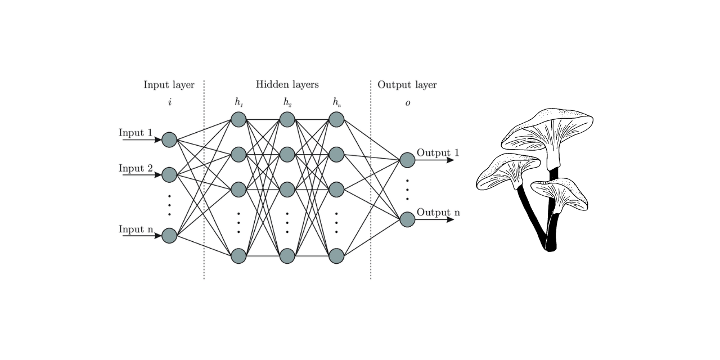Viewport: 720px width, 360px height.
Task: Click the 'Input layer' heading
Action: tap(169, 85)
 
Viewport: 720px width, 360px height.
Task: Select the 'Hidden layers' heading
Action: tap(287, 85)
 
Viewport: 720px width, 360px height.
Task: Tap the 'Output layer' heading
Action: tap(407, 85)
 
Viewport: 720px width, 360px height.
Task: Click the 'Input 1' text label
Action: tap(136, 133)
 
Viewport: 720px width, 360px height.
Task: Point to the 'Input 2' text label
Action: tap(136, 168)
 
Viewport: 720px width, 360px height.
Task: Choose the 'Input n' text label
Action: tap(136, 229)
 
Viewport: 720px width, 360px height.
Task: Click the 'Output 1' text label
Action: tap(438, 153)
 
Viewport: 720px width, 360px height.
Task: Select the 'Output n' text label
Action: tap(438, 213)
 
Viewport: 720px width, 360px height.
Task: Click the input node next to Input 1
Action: tap(169, 139)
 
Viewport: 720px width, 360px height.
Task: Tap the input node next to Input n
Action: tap(169, 236)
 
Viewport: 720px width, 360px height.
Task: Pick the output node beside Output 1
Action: tap(407, 160)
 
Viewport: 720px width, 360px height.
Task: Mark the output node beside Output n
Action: tap(407, 219)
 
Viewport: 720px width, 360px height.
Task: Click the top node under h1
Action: tap(238, 119)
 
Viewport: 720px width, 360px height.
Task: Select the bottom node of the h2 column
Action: tap(287, 256)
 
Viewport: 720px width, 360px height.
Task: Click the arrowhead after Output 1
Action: tap(450, 160)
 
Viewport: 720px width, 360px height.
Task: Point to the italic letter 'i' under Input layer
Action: tap(169, 102)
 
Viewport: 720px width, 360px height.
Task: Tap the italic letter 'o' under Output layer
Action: tap(408, 103)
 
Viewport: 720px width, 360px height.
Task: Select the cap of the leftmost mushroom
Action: tap(506, 169)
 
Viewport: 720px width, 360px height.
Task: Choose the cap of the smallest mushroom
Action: tap(560, 191)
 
